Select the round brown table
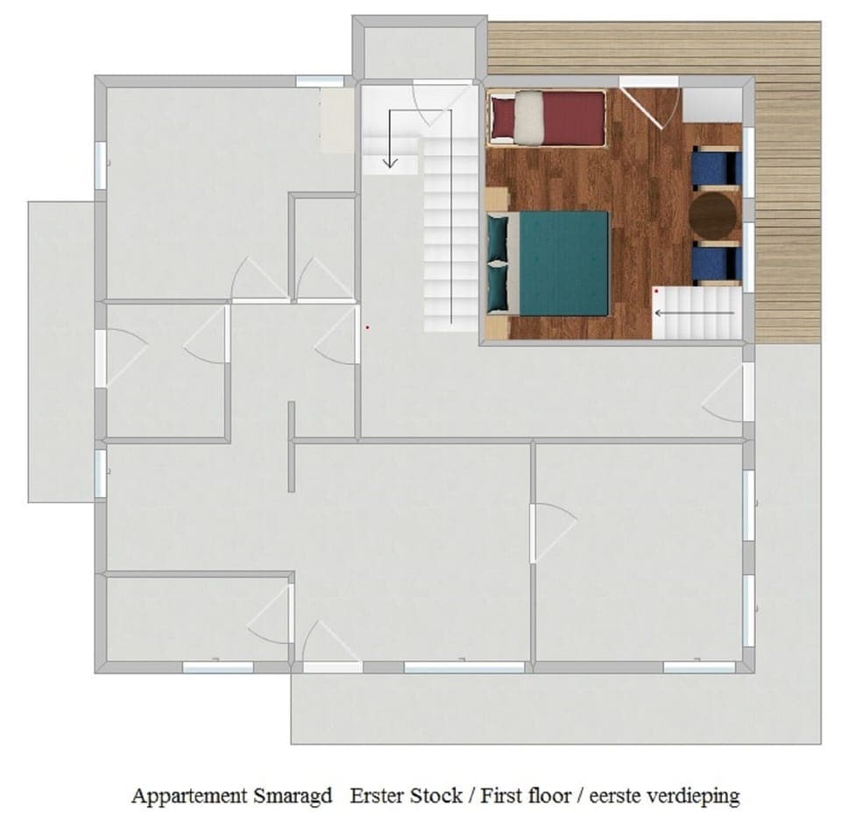tap(711, 215)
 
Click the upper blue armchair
tap(716, 168)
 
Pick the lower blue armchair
tap(716, 264)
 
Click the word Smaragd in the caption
tap(290, 795)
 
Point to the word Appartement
tap(187, 795)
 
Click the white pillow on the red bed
tap(528, 118)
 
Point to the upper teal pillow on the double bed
tap(498, 237)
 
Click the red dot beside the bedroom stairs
tap(656, 291)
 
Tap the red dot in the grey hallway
tap(368, 328)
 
